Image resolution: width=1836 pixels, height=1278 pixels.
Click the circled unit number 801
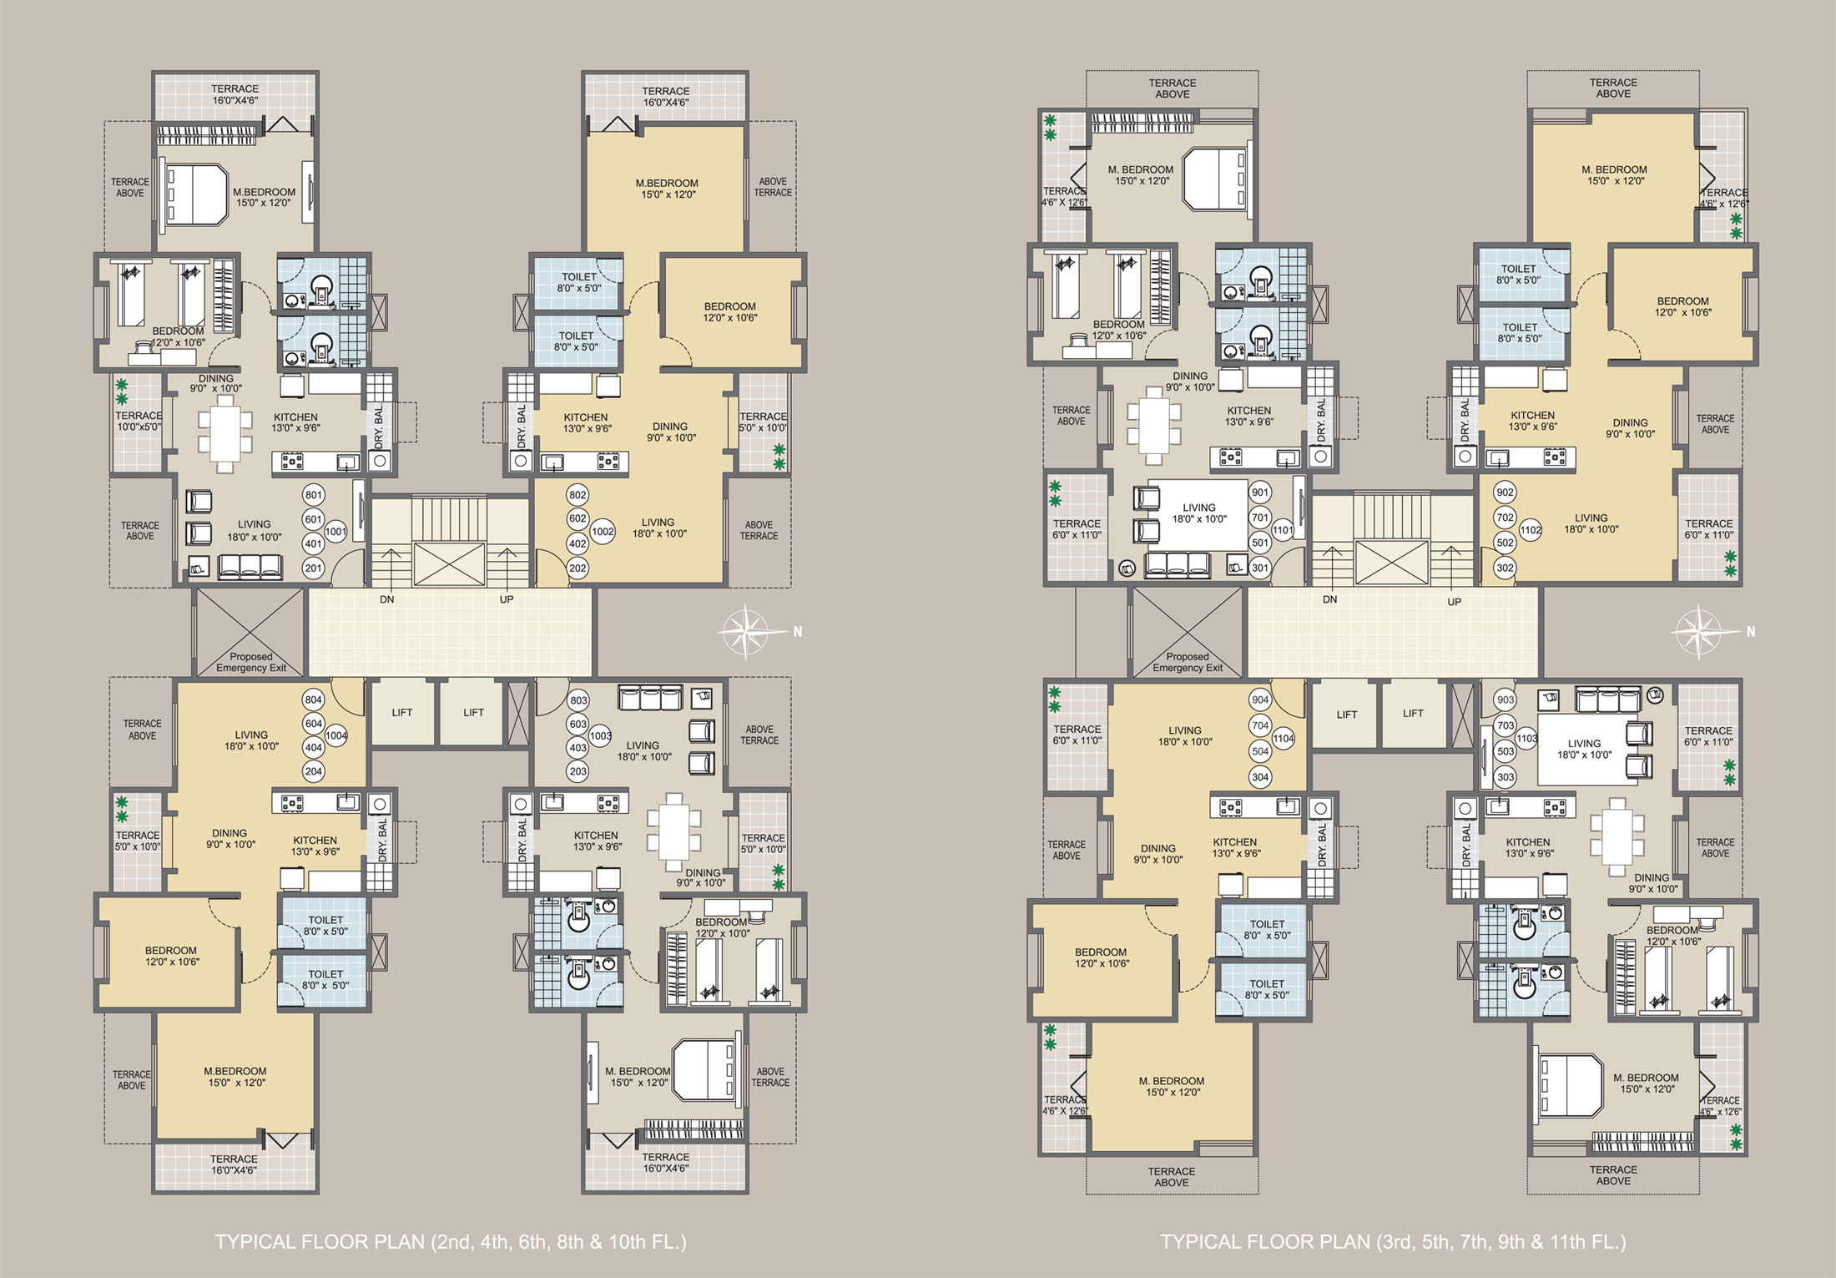point(314,495)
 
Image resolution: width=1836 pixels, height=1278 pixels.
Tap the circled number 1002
point(603,532)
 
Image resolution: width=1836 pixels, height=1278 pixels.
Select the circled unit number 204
point(314,771)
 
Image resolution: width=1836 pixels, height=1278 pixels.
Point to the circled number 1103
point(1526,738)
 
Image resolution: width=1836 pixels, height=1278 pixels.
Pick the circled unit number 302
point(1505,568)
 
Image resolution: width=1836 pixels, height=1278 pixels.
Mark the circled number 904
point(1260,700)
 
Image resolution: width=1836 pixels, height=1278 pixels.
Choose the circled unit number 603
point(578,724)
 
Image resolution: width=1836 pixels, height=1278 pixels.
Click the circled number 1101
point(1283,530)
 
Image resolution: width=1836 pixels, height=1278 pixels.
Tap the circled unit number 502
point(1505,543)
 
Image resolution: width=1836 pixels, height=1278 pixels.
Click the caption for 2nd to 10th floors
point(451,1242)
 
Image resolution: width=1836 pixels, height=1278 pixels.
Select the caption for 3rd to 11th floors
point(1393,1242)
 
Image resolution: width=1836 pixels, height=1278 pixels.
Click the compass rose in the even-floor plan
point(746,632)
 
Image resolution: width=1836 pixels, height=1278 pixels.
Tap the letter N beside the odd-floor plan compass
point(1751,632)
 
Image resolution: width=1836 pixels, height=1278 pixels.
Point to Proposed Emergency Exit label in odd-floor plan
point(1188,662)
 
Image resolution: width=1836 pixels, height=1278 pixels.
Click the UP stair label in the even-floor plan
point(507,599)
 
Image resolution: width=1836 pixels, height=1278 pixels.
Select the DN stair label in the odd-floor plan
point(1330,599)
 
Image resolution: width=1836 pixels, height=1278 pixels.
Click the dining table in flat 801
point(225,433)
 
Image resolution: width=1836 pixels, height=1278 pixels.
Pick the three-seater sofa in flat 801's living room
point(250,567)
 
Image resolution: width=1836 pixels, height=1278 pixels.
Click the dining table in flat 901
point(1153,426)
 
